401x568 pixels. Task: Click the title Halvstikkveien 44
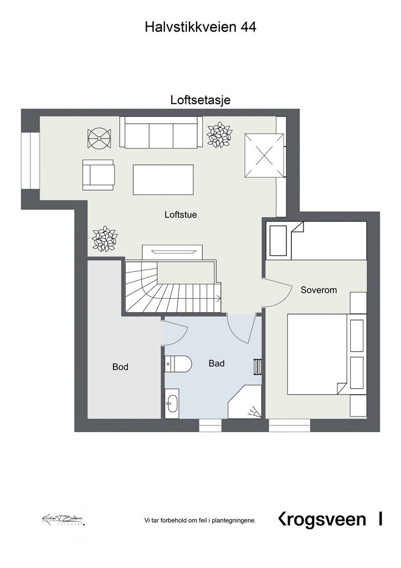click(200, 27)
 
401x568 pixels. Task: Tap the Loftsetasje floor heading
click(200, 100)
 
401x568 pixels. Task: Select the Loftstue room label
click(181, 215)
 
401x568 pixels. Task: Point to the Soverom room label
click(318, 290)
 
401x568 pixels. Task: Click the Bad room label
click(217, 363)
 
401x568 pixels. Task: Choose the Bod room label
click(120, 367)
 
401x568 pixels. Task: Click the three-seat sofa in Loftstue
click(160, 133)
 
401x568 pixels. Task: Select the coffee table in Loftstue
click(163, 179)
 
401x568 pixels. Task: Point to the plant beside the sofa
click(219, 135)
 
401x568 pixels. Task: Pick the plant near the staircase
click(104, 239)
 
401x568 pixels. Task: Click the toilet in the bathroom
click(178, 363)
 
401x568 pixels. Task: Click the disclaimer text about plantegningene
click(200, 520)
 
